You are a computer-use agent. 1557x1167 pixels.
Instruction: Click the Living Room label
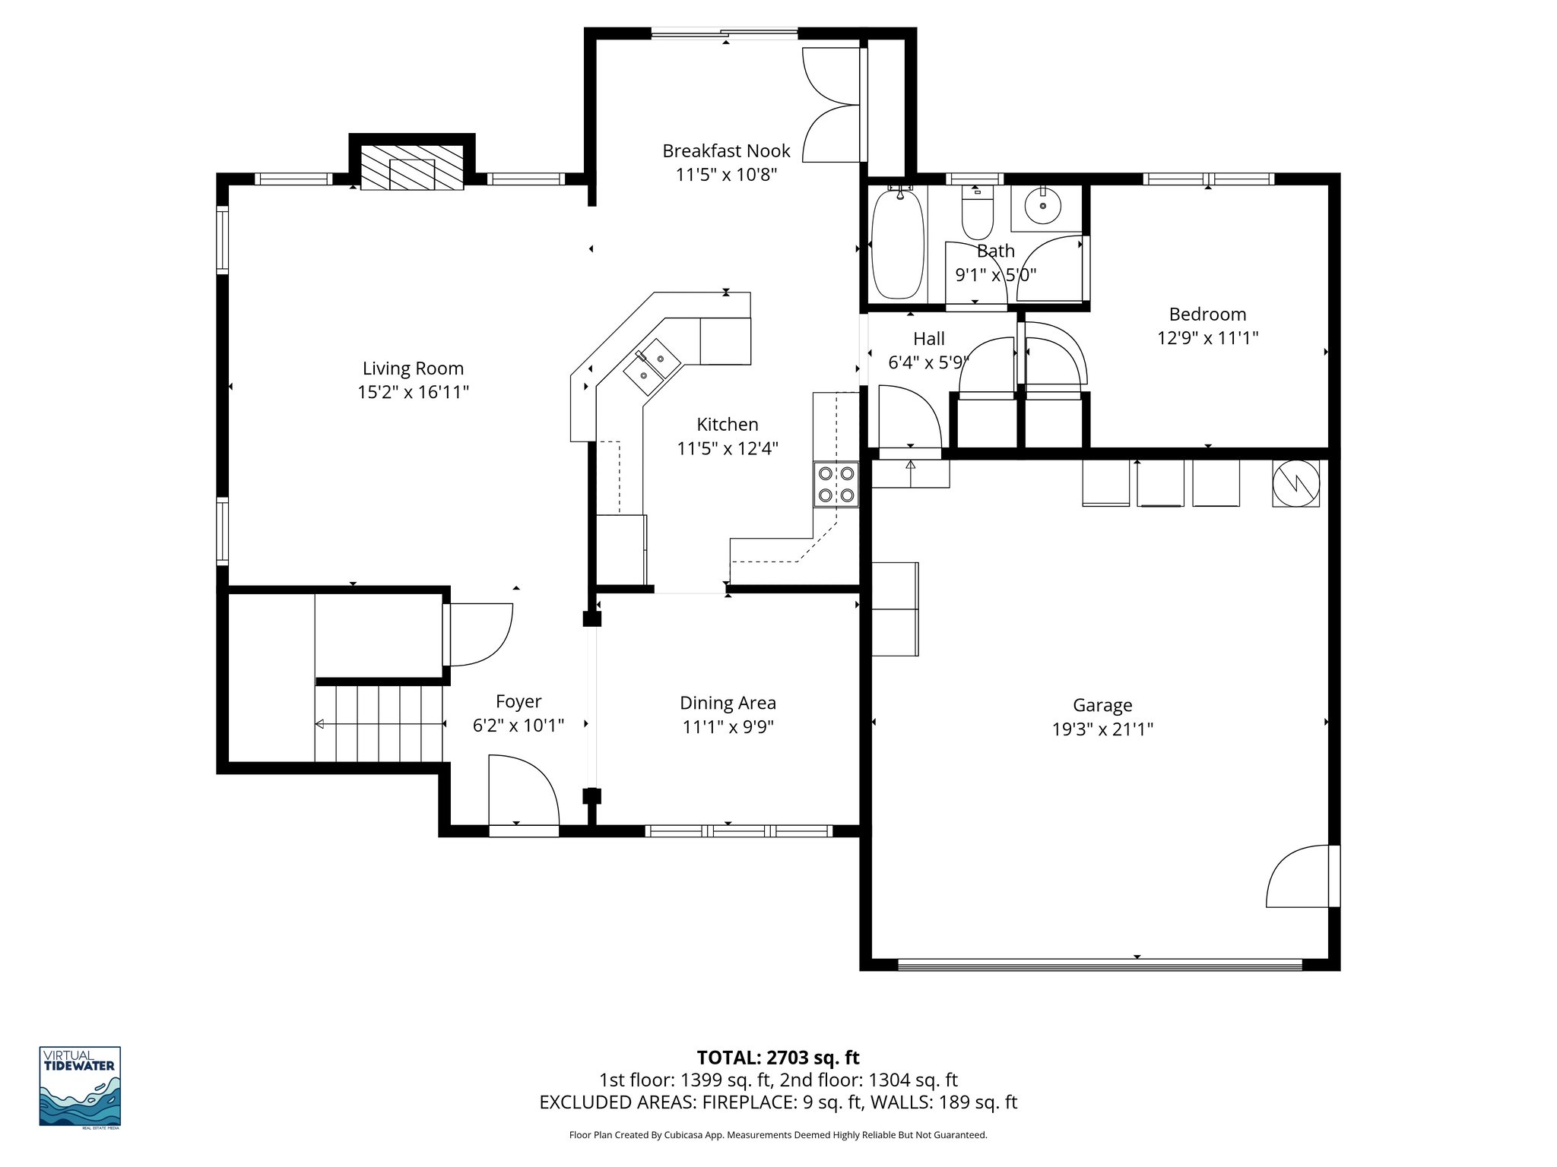[x=413, y=368]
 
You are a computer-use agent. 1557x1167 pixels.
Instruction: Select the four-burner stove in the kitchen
[x=836, y=485]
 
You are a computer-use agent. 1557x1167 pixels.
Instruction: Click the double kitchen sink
[x=652, y=366]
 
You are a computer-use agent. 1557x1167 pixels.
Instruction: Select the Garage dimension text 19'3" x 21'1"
[x=1102, y=729]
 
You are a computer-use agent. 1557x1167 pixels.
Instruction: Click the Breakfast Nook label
[x=726, y=151]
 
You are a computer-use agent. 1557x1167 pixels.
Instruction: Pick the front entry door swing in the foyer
[x=523, y=790]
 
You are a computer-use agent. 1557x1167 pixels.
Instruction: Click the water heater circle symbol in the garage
[x=1295, y=483]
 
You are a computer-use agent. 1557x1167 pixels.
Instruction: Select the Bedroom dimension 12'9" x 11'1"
[x=1207, y=338]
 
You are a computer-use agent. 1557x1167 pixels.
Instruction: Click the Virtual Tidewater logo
[x=80, y=1087]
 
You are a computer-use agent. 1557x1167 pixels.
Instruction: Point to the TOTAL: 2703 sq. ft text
[x=778, y=1058]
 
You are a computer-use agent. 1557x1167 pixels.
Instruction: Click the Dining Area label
[x=728, y=704]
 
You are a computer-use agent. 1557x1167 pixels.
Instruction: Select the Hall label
[x=928, y=339]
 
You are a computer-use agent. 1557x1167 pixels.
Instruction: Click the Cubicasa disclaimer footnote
[x=778, y=1135]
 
